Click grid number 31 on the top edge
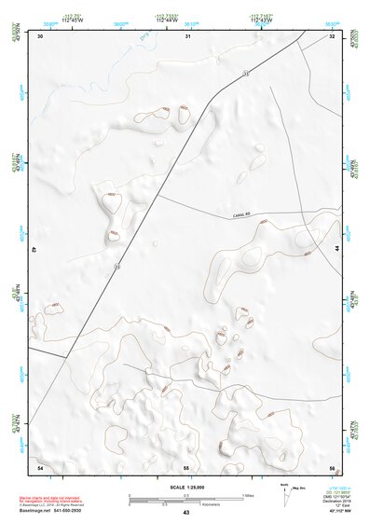(x=187, y=36)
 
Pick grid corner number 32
(x=332, y=36)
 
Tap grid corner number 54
(x=40, y=466)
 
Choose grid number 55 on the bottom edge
(x=186, y=466)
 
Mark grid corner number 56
(x=332, y=466)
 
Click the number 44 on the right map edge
(x=336, y=250)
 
